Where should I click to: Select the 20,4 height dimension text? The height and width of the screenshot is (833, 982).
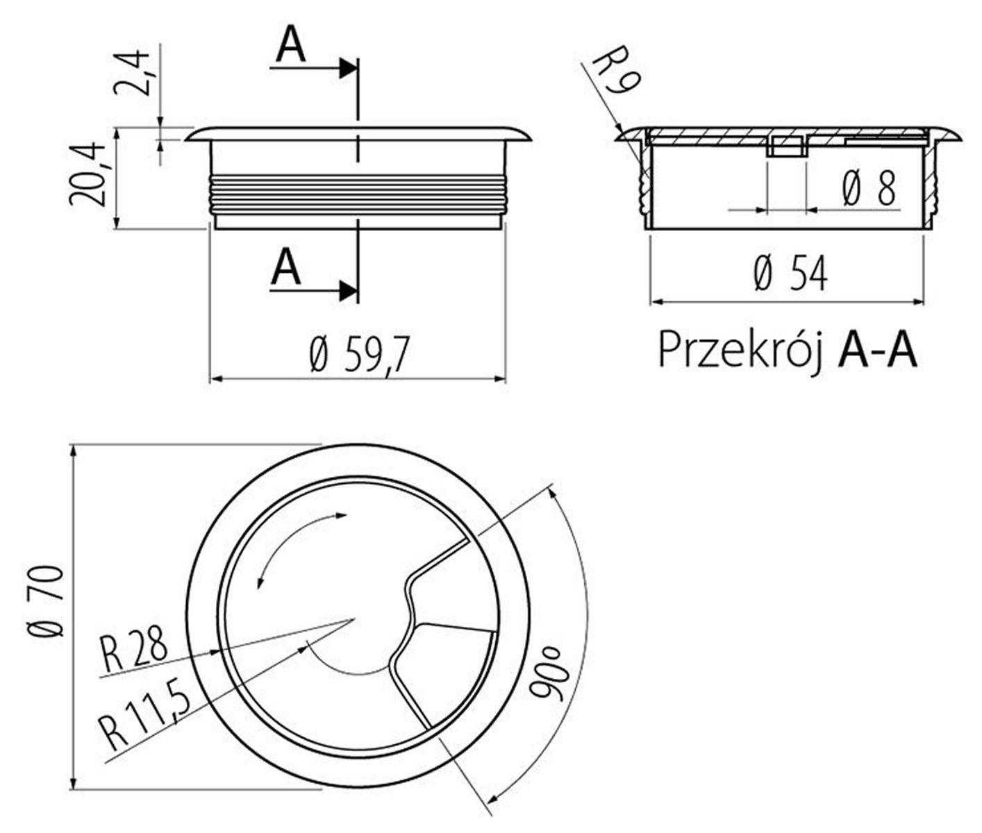point(86,174)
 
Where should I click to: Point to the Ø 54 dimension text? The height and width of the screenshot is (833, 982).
point(790,273)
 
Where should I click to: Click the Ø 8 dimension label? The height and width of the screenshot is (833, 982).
point(869,188)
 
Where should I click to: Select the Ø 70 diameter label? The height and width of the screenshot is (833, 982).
point(45,600)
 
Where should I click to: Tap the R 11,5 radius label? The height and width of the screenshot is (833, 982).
point(145,712)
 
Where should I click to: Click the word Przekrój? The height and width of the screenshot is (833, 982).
point(740,351)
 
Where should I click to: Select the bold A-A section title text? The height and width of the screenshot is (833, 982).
point(877,351)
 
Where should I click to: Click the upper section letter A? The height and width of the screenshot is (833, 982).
point(291,46)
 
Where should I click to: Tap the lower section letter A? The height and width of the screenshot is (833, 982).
point(286,267)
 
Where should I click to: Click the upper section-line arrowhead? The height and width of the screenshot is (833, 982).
point(347,69)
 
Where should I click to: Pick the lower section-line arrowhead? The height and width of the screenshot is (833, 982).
point(347,290)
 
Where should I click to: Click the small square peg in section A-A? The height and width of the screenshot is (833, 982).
point(787,146)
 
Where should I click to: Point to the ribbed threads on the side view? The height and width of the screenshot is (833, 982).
point(357,194)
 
